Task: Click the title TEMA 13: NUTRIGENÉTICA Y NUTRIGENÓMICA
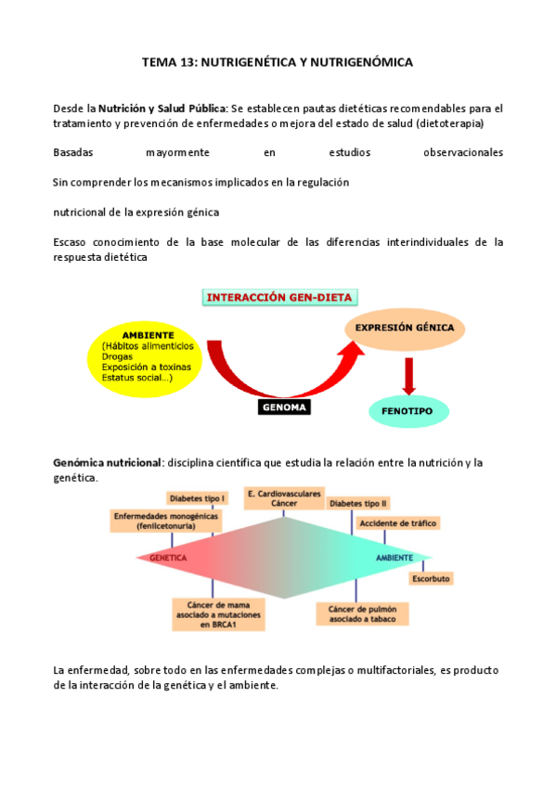278,62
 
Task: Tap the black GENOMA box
284,406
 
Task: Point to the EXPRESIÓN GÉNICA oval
405,329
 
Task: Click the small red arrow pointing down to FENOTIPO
407,374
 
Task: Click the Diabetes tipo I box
198,498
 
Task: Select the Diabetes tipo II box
358,503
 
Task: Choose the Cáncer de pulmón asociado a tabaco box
357,614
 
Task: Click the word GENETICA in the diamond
169,558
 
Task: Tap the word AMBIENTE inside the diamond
394,558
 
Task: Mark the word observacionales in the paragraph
459,152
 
